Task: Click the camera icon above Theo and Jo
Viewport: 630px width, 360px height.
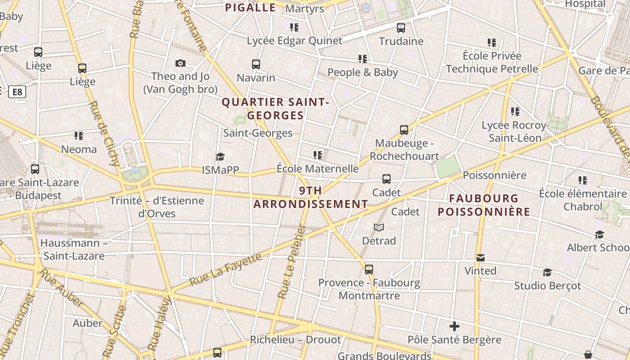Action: (x=180, y=63)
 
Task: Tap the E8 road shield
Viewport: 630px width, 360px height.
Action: (x=17, y=92)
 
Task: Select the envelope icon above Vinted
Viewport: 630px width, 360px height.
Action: (x=481, y=258)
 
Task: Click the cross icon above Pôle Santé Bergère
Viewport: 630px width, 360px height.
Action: (x=454, y=326)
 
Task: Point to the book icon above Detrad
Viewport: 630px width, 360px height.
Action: (x=379, y=228)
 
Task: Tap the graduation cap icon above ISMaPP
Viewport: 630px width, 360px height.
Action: (x=220, y=157)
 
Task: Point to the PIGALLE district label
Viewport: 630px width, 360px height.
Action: (x=250, y=8)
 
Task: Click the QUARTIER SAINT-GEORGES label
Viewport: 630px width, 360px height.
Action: (x=275, y=109)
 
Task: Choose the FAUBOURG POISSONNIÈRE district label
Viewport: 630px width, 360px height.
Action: (x=484, y=205)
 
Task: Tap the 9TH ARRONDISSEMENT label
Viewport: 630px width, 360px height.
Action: (x=310, y=198)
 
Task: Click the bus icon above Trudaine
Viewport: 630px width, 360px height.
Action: (x=401, y=28)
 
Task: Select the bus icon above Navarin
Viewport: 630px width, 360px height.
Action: (x=256, y=64)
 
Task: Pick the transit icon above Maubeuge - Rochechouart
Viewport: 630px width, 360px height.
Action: (x=404, y=130)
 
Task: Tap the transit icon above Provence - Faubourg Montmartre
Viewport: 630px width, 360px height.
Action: (x=369, y=270)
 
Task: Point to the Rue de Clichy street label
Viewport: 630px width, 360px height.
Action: (x=103, y=133)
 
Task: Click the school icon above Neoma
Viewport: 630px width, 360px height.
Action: (x=79, y=135)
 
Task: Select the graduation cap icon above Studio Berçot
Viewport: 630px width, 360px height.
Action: (x=547, y=273)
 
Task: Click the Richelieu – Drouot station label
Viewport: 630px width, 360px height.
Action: (x=296, y=339)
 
